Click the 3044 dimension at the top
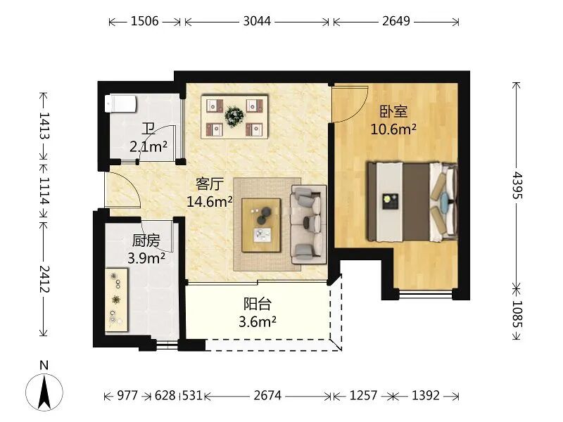pos(257,21)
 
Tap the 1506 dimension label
pos(144,21)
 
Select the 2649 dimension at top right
pos(396,21)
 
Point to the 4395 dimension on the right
pos(517,185)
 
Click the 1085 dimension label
pos(517,314)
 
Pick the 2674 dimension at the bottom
pos(267,395)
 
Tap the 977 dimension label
pos(127,395)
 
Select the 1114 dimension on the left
pos(44,191)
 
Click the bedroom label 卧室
pos(393,112)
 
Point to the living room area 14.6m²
pos(209,202)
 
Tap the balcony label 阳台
pos(258,304)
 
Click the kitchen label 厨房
pos(146,241)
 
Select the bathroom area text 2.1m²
pos(148,146)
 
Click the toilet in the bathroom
pos(120,103)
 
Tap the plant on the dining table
pos(234,116)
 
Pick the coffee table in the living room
pos(261,225)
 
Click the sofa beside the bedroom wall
pos(308,224)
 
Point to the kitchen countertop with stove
pos(116,300)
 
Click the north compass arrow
pos(44,392)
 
